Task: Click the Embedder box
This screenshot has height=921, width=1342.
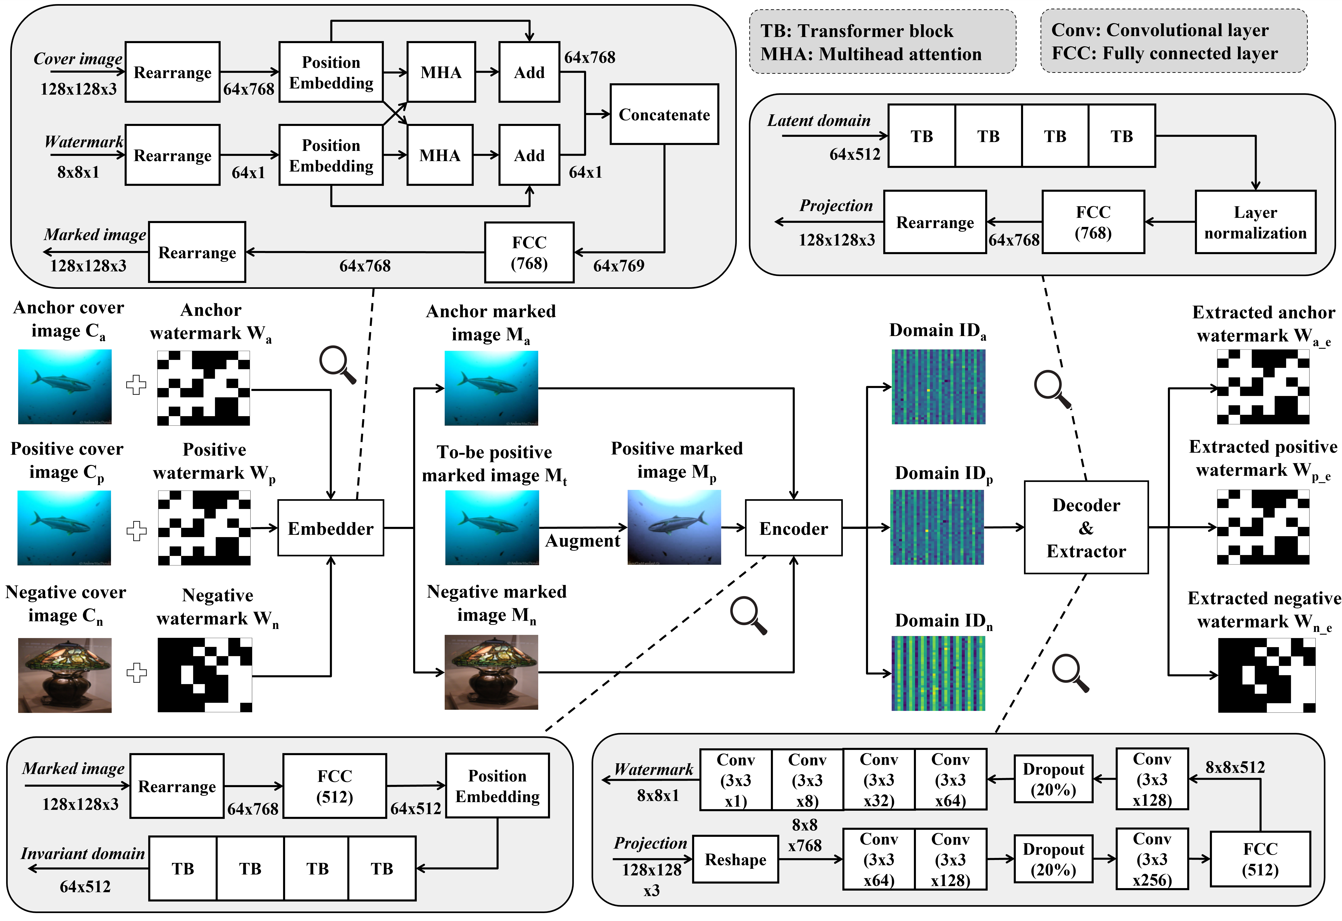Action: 330,528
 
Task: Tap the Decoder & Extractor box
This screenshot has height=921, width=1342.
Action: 1086,528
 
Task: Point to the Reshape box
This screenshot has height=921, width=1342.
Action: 735,859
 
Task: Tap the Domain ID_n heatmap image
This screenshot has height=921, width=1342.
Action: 938,673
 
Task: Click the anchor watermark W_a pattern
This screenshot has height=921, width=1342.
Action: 203,388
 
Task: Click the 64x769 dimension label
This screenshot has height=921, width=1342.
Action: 619,265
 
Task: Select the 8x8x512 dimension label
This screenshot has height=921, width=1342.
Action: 1235,767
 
